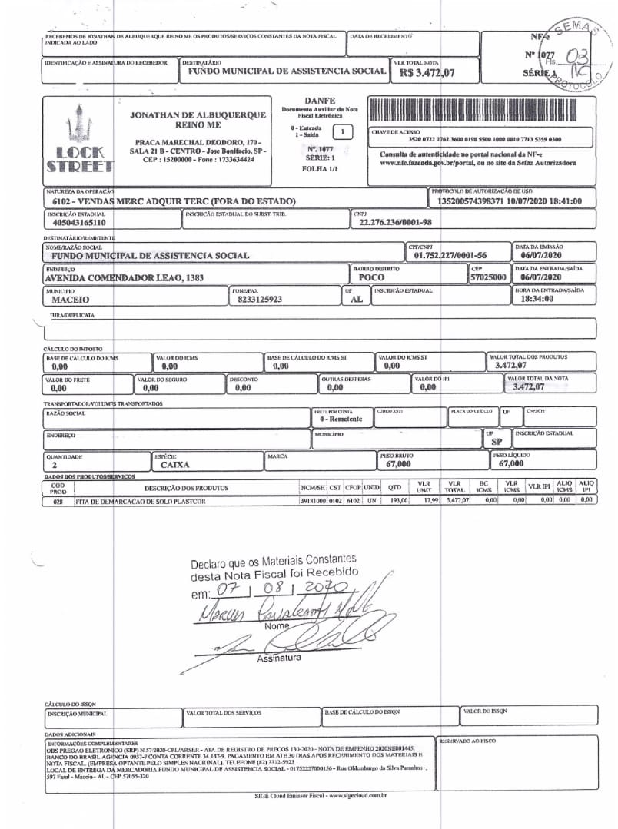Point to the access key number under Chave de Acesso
[484, 139]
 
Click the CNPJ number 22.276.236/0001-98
[396, 222]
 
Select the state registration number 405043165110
[75, 222]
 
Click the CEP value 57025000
[488, 277]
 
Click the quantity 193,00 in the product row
[397, 500]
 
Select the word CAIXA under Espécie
[175, 464]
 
